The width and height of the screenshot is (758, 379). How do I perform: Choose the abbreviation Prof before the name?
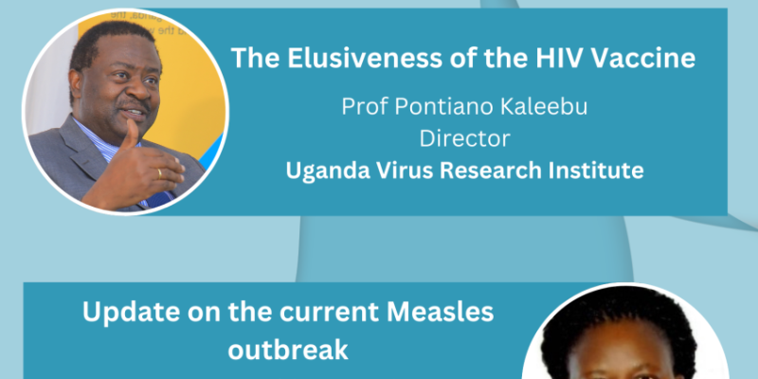coord(363,106)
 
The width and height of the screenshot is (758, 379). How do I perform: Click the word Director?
coord(464,138)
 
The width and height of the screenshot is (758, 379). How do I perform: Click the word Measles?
coord(441,313)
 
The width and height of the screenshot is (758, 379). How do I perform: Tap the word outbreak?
coord(288,350)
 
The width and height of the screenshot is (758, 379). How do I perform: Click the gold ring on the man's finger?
coord(158,174)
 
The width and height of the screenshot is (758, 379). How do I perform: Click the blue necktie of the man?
coord(160,198)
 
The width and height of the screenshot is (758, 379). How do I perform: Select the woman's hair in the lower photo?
coord(620,315)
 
